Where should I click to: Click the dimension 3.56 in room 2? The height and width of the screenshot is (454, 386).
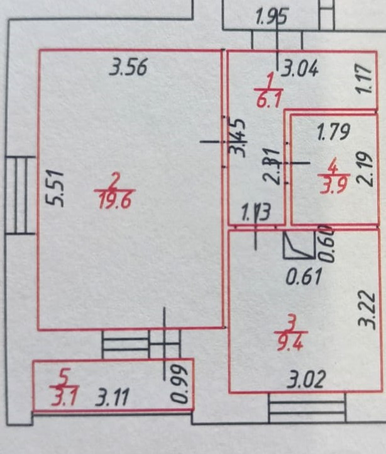click(128, 67)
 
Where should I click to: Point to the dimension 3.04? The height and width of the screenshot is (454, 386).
click(299, 67)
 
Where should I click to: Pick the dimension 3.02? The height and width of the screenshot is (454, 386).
click(307, 380)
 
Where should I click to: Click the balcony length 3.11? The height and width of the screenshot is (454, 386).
click(113, 398)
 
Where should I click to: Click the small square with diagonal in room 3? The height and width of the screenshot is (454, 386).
click(299, 246)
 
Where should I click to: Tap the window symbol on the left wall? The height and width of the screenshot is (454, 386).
click(20, 195)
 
